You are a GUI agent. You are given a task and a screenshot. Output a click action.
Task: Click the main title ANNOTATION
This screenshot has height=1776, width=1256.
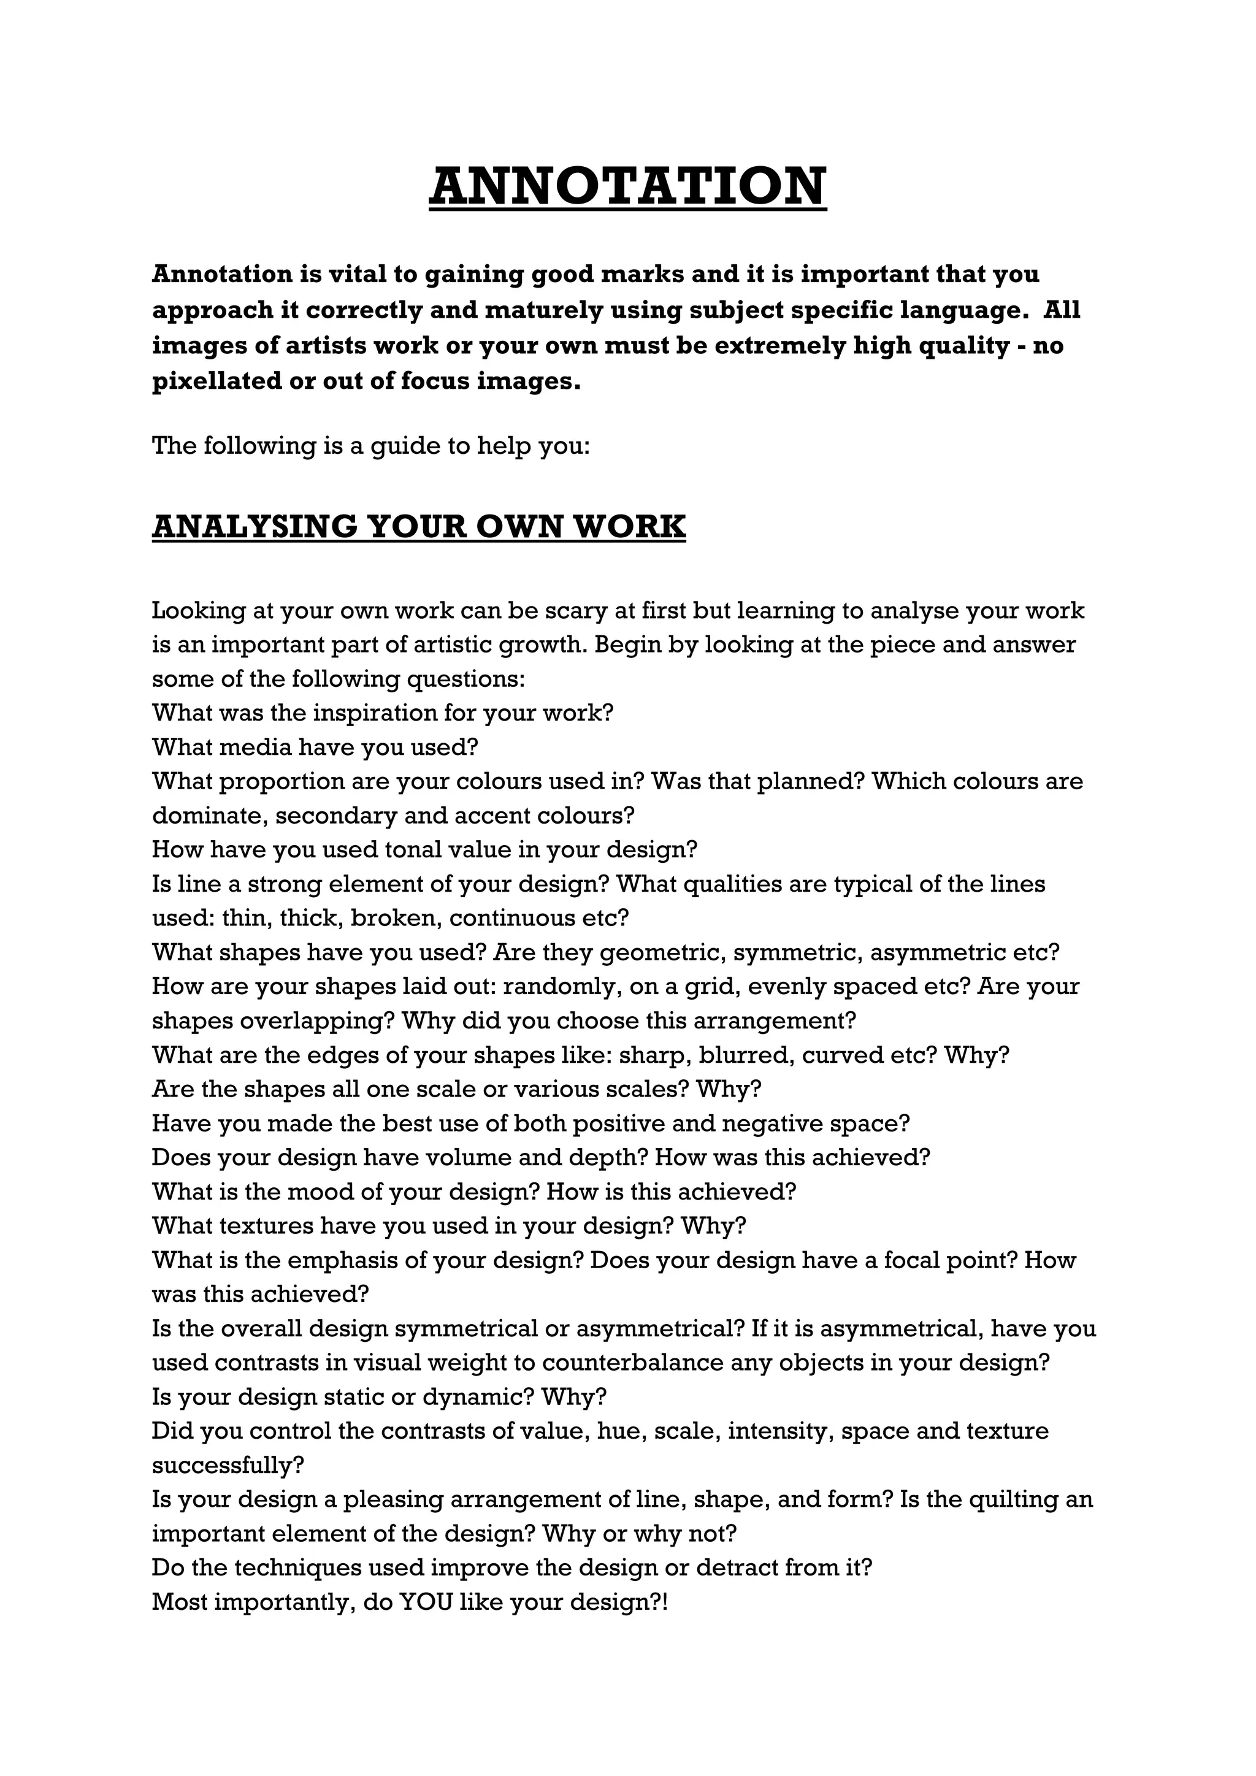627,186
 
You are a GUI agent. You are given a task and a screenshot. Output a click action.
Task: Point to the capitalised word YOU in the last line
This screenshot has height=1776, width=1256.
424,1601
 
